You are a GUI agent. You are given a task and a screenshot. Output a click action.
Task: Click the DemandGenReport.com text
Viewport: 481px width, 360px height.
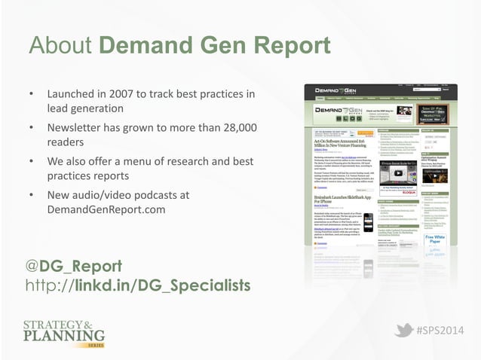click(106, 209)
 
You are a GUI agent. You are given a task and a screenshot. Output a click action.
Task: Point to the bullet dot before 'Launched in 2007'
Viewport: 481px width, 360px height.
click(31, 95)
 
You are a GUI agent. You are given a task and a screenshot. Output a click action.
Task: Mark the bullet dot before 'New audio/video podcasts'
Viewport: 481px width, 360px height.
click(31, 194)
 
